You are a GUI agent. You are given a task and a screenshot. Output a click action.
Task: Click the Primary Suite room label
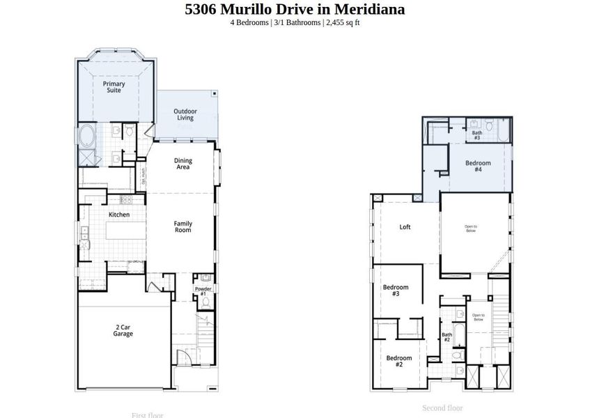click(114, 87)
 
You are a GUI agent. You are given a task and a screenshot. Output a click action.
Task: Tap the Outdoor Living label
click(185, 115)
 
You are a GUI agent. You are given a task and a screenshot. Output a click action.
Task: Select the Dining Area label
click(183, 164)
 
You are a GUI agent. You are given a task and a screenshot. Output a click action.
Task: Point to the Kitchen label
click(119, 215)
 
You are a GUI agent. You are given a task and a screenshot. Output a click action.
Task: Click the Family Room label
click(183, 226)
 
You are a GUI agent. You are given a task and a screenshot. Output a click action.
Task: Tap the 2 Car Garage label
click(123, 330)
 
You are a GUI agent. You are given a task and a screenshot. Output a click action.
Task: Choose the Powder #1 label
click(203, 291)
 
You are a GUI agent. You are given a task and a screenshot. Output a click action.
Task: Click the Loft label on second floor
click(405, 227)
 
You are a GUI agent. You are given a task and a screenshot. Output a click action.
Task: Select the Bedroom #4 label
click(478, 167)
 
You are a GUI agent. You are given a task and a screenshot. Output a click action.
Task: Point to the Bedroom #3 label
click(395, 291)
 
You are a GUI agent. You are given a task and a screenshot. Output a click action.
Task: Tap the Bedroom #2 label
click(398, 361)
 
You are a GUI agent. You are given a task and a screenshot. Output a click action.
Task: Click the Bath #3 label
click(476, 135)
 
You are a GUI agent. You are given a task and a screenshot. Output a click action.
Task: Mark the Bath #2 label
click(447, 337)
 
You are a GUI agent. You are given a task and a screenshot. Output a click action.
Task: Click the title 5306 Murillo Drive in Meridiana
click(295, 9)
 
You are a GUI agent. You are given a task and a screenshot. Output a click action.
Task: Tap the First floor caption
click(147, 415)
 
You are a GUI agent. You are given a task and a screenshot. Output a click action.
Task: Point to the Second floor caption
click(442, 408)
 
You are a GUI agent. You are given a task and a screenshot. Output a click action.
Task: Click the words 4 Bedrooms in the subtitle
click(249, 22)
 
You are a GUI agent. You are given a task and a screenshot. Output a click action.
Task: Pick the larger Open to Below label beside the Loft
click(471, 228)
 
